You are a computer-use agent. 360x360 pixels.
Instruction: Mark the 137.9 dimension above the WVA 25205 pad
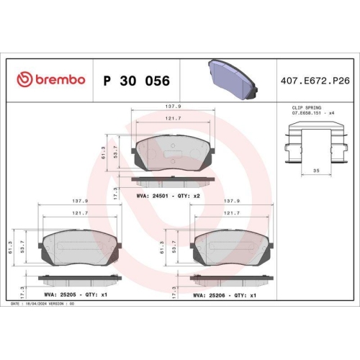tap(75, 202)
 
